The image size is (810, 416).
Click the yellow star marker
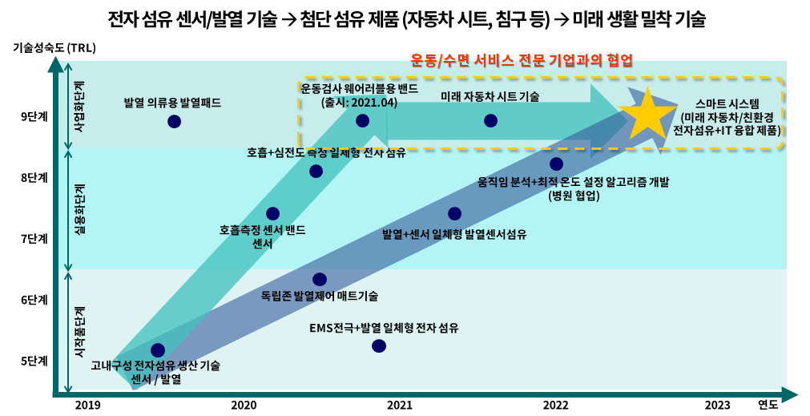(x=647, y=115)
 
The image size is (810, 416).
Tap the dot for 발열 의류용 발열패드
(x=174, y=121)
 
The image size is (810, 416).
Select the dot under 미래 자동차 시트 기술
(x=490, y=120)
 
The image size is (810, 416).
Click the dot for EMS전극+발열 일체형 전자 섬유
(x=378, y=345)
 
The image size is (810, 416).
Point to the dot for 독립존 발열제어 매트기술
(x=319, y=279)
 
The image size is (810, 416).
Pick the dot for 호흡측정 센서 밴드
(x=272, y=213)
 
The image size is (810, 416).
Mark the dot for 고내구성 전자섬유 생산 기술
(x=158, y=349)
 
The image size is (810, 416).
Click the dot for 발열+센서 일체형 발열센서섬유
(x=454, y=213)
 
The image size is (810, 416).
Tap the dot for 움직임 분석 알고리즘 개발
(x=556, y=164)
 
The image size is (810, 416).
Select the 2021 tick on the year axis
(x=399, y=405)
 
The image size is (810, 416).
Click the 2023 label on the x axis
(x=717, y=405)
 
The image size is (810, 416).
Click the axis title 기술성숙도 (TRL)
(x=54, y=47)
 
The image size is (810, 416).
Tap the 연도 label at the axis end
(x=768, y=405)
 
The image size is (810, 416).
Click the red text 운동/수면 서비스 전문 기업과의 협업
(x=522, y=60)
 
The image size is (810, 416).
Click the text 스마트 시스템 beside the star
(x=727, y=103)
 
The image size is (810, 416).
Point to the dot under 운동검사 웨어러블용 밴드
(x=362, y=120)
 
